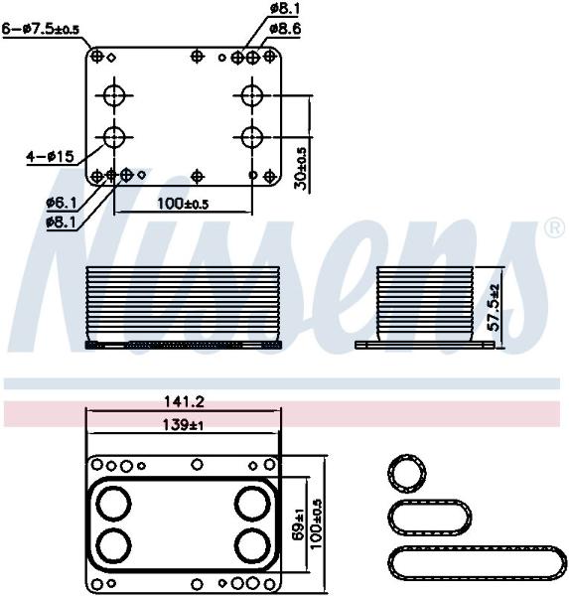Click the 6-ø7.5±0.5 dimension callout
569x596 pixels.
pos(41,29)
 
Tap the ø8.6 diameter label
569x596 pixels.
pos(285,29)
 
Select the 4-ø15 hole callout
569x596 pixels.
pos(50,156)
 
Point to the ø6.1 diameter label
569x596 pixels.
pos(62,204)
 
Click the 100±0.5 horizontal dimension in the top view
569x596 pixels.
pos(183,204)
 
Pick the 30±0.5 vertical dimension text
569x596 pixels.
pos(303,169)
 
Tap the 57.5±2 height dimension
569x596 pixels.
pos(495,307)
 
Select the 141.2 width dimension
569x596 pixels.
pos(184,401)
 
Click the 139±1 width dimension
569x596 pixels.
pos(183,424)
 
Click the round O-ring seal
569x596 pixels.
pos(407,474)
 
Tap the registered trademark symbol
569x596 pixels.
pos(555,227)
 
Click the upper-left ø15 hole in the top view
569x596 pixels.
pos(114,95)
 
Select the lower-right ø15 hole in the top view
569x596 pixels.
pos(251,137)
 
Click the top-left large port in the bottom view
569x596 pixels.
pos(113,504)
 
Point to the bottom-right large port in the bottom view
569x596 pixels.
pos(252,545)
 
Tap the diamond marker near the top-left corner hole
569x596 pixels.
pos(111,58)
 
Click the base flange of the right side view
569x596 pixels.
pos(425,345)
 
